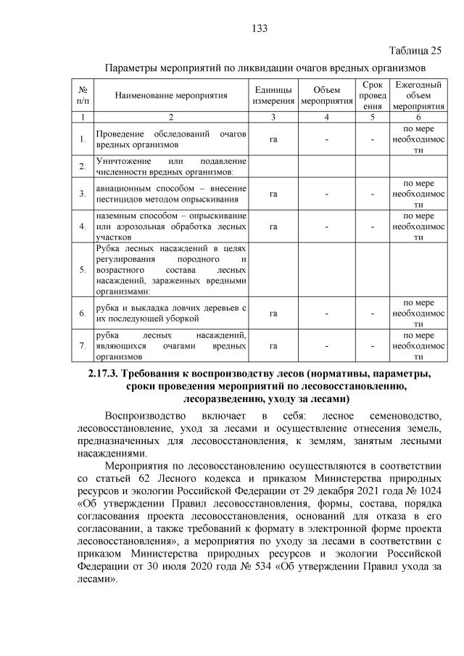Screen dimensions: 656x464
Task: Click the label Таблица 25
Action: pyautogui.click(x=415, y=50)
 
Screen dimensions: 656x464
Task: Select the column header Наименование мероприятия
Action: pyautogui.click(x=169, y=95)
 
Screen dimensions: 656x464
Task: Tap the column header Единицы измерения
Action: pyautogui.click(x=273, y=95)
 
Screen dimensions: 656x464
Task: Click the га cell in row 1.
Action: pyautogui.click(x=273, y=139)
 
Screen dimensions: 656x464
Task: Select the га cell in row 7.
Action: pyautogui.click(x=273, y=345)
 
